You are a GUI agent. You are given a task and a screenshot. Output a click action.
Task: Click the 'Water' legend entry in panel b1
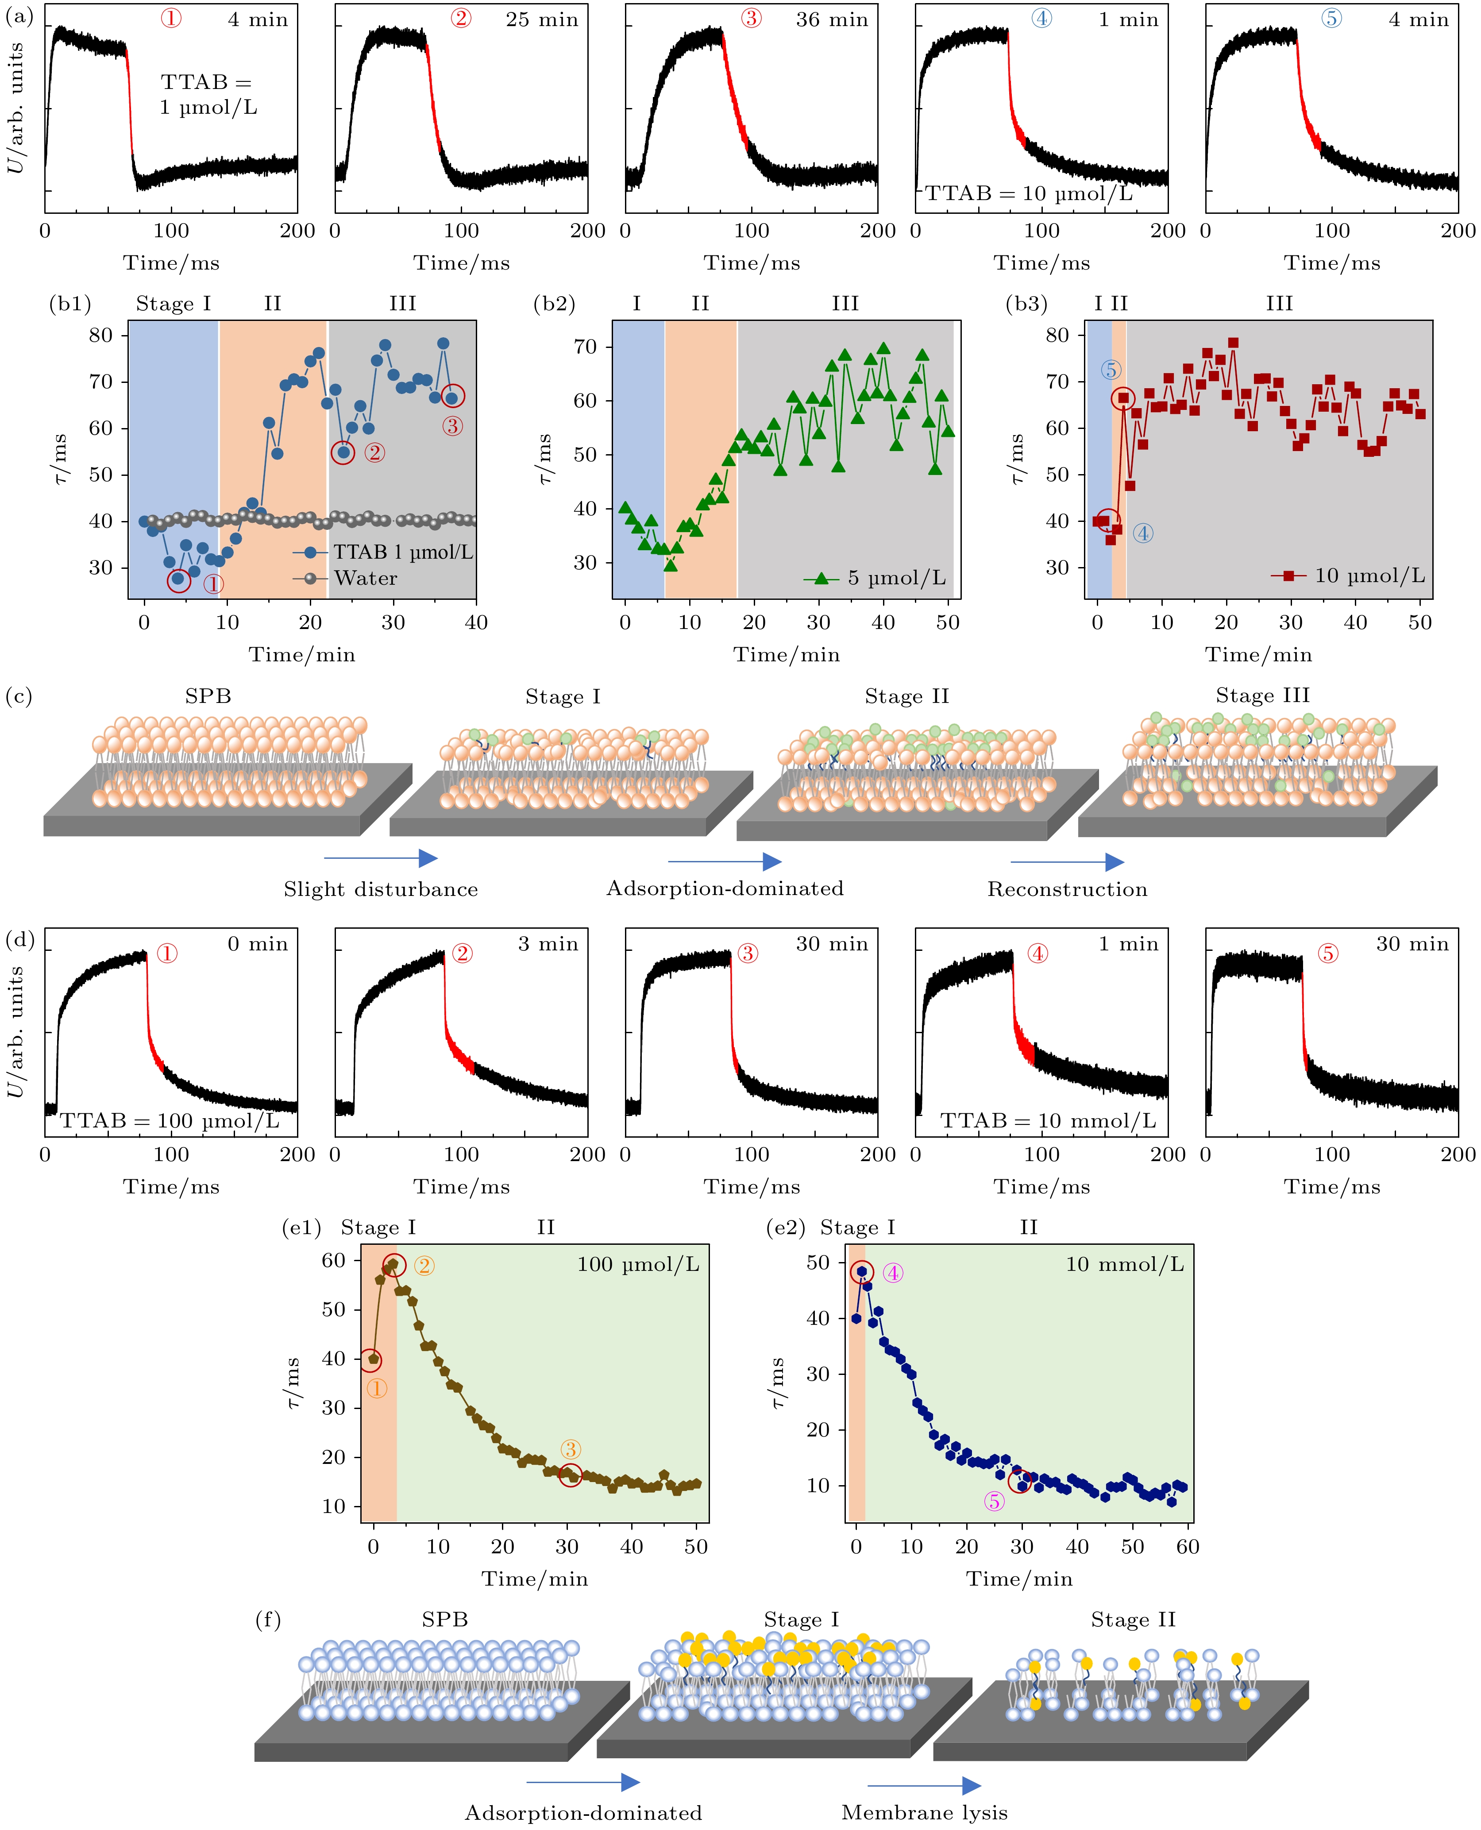click(x=365, y=579)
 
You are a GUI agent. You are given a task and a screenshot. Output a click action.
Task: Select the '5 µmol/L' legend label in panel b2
click(x=896, y=579)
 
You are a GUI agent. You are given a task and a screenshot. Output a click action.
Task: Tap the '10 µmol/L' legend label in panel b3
click(x=1369, y=576)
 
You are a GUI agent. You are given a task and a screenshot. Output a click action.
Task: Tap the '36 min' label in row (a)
click(x=832, y=19)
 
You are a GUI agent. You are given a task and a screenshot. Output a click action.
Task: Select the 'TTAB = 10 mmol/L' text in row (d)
click(x=1048, y=1120)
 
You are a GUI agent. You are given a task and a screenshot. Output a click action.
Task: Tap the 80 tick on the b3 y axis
click(x=1058, y=335)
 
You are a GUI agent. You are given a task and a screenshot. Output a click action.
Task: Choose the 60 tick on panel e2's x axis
click(x=1188, y=1547)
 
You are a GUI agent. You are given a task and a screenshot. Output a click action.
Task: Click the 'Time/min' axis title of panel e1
click(x=535, y=1579)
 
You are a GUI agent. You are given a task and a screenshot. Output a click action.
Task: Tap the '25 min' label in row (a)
click(x=542, y=19)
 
